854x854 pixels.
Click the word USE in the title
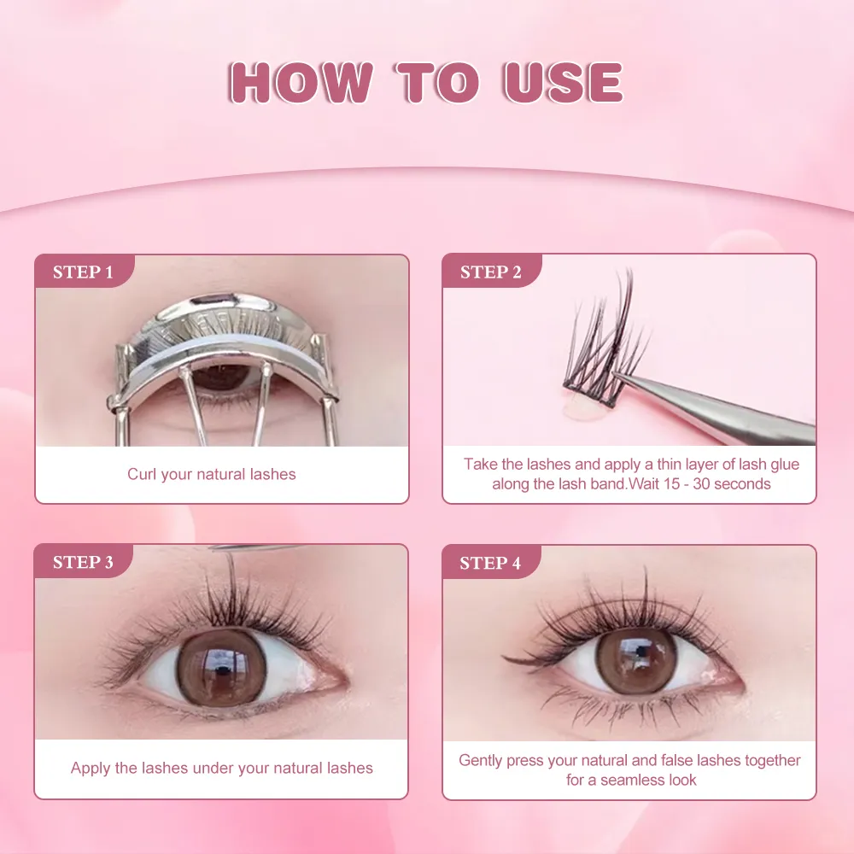pos(563,83)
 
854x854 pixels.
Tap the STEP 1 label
pos(83,272)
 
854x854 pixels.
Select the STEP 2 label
pos(490,272)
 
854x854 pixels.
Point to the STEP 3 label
pos(83,562)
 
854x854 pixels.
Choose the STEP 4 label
pos(490,563)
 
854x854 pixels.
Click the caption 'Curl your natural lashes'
pos(212,474)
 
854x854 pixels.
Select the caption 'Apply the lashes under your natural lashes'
pos(221,768)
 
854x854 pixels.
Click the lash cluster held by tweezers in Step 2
pos(602,342)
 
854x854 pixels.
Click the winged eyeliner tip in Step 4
pos(508,658)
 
